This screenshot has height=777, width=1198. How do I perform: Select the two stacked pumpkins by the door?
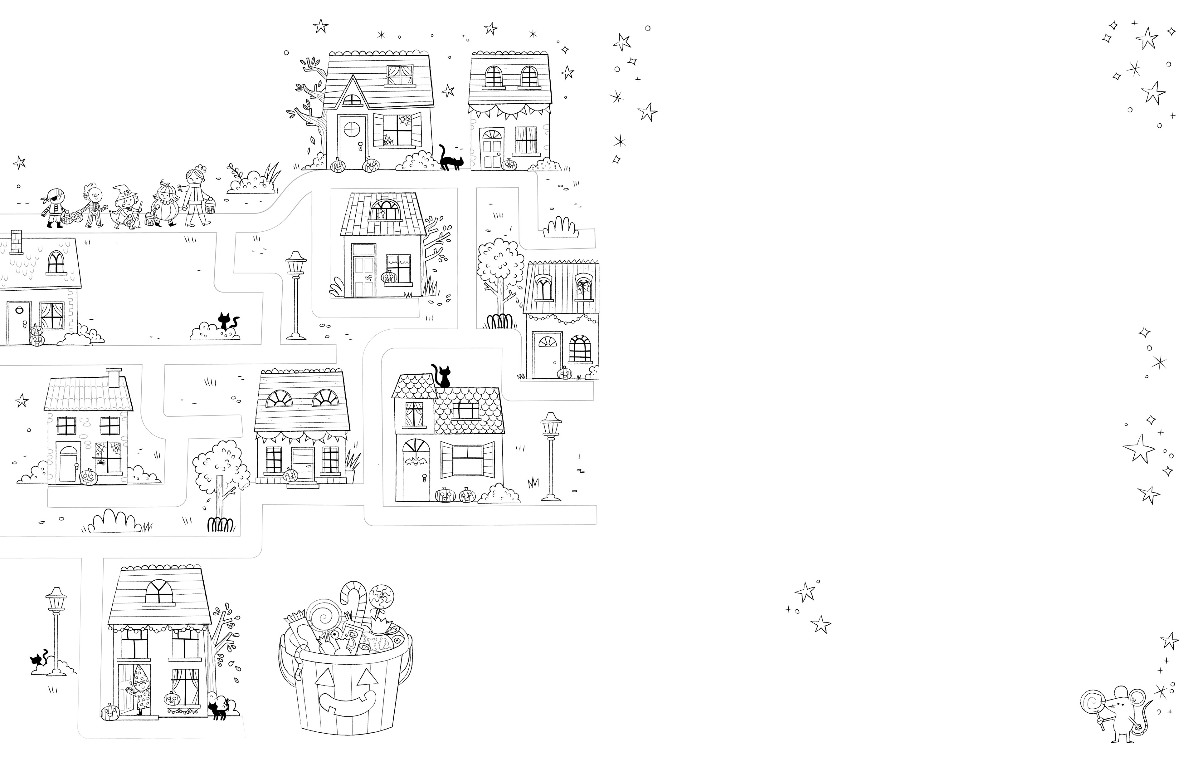point(36,336)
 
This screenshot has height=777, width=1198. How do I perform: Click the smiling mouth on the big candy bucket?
point(347,702)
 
